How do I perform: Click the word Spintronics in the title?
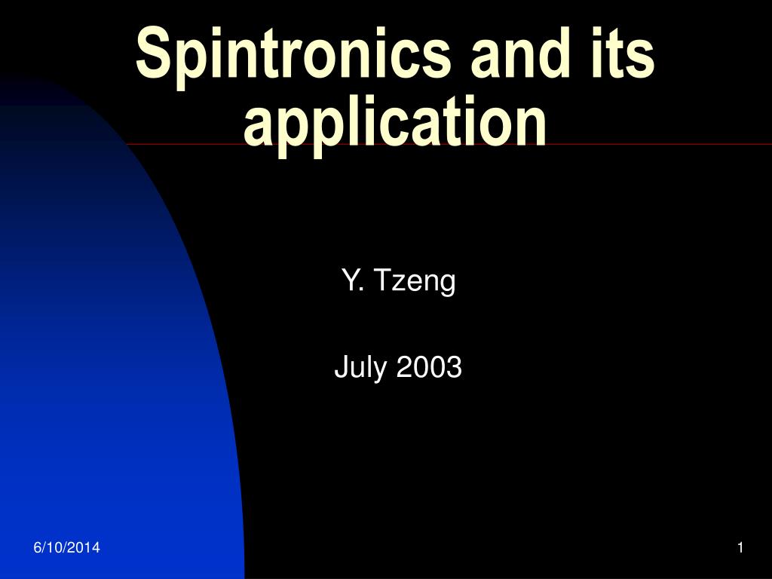pos(293,55)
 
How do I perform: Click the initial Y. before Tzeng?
pos(353,280)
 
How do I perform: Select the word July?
pos(361,368)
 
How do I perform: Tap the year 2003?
pos(429,367)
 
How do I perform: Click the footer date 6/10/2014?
pos(66,547)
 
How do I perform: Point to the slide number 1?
pos(740,547)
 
